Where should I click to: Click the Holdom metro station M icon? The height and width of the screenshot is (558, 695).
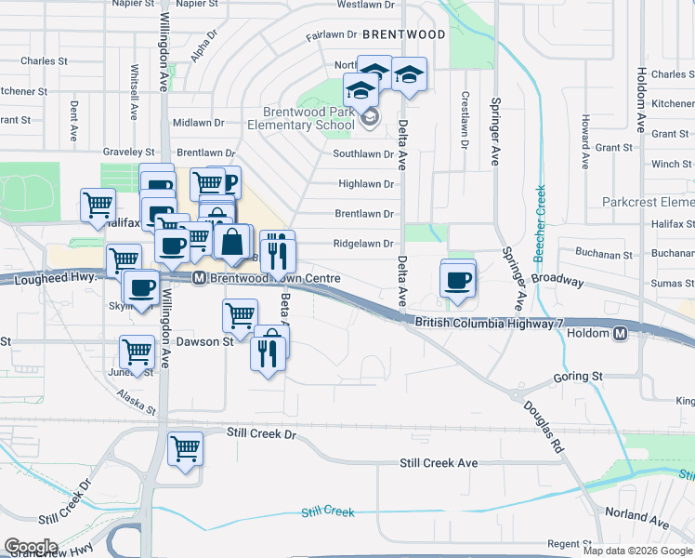pos(620,333)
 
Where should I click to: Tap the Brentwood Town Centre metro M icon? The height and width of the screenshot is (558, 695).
pos(199,278)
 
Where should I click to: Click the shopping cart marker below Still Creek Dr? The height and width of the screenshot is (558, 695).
pos(185,449)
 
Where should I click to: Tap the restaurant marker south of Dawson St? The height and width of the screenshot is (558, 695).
pos(265,352)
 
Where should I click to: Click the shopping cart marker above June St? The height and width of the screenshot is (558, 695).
pos(137,352)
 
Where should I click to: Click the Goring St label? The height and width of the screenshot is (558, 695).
pos(578,377)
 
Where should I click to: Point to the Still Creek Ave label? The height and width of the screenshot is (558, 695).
pos(438,462)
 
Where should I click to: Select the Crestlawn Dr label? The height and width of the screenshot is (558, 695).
pos(463,121)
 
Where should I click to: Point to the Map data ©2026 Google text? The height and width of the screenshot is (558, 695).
pos(637,551)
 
